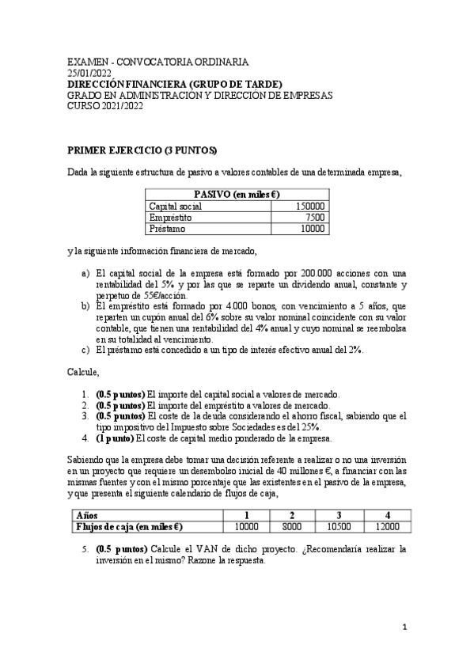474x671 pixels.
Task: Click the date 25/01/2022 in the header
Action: pyautogui.click(x=89, y=73)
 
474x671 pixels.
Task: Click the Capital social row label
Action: pyautogui.click(x=176, y=206)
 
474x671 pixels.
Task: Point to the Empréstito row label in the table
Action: pyautogui.click(x=170, y=218)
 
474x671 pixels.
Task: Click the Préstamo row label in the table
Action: pyautogui.click(x=168, y=229)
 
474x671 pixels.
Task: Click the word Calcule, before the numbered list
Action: pyautogui.click(x=83, y=370)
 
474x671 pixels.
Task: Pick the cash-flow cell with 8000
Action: pyautogui.click(x=293, y=526)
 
